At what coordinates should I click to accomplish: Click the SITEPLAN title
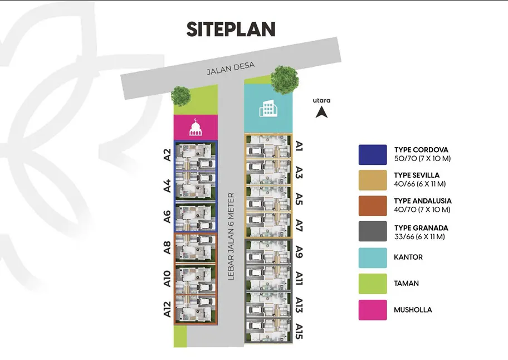(x=231, y=29)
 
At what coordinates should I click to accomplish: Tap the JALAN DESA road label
(x=231, y=68)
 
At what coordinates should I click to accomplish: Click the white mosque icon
(x=196, y=128)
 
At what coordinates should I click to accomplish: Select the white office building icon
(x=268, y=109)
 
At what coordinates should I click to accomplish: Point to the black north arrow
(x=321, y=113)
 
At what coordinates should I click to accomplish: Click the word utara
(x=322, y=100)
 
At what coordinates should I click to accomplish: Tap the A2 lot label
(x=167, y=155)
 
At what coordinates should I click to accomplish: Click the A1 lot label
(x=299, y=146)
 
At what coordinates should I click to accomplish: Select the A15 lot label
(x=299, y=331)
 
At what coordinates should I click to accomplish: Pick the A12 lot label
(x=167, y=309)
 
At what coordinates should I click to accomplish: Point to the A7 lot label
(x=299, y=226)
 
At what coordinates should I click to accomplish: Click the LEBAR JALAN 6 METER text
(x=231, y=236)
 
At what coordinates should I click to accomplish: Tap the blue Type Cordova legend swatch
(x=373, y=154)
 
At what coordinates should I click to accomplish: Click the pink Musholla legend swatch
(x=373, y=310)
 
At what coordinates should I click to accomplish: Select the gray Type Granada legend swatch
(x=373, y=231)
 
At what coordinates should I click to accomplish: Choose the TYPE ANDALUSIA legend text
(x=423, y=201)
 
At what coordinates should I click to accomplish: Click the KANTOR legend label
(x=408, y=257)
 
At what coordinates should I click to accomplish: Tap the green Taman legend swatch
(x=373, y=284)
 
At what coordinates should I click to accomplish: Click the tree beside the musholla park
(x=181, y=96)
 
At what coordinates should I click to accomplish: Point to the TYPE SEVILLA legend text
(x=417, y=176)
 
